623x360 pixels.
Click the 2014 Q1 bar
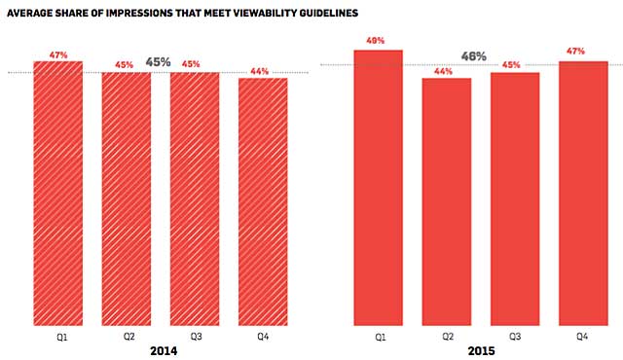(57, 195)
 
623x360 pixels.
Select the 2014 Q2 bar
(126, 199)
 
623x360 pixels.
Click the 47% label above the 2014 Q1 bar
(57, 55)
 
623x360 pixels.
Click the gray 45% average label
(158, 62)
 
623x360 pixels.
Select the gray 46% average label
(474, 56)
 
